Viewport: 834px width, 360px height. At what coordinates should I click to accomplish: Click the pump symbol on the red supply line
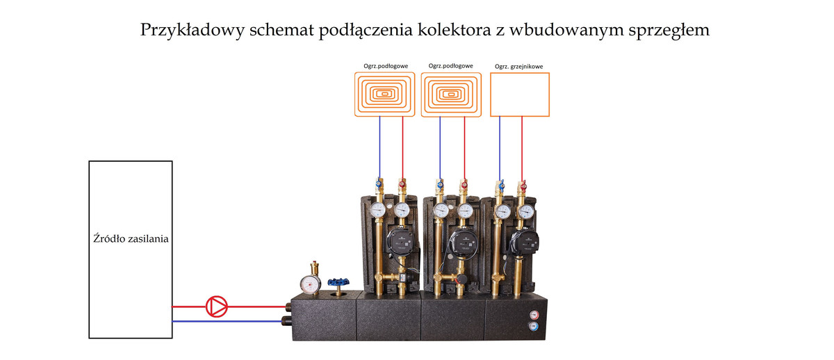click(217, 306)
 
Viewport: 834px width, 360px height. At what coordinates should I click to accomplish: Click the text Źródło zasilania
click(131, 238)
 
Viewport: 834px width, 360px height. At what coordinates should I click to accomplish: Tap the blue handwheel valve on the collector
click(341, 284)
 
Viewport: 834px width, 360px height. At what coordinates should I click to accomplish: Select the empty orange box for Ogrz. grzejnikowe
click(520, 95)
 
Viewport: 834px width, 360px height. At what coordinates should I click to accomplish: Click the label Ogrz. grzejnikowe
click(518, 67)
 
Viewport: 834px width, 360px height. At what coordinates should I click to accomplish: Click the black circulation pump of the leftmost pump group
click(398, 244)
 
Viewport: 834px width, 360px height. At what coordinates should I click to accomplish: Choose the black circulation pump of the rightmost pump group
click(523, 243)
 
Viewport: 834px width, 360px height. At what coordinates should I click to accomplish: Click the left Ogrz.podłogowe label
click(385, 66)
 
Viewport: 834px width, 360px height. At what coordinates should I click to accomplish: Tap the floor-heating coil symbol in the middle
click(452, 95)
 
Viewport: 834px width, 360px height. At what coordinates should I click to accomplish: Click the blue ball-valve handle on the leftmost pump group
click(379, 185)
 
